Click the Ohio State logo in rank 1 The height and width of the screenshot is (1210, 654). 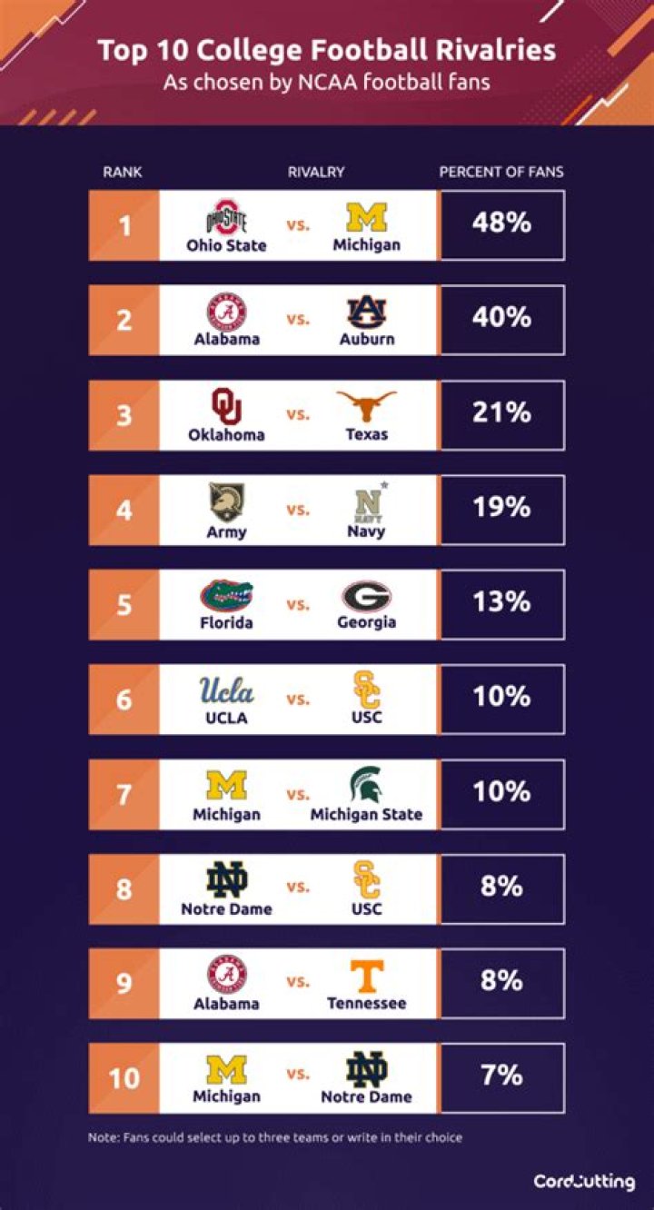click(x=226, y=219)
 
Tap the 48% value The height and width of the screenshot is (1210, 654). click(x=501, y=223)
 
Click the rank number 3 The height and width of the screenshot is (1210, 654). click(x=124, y=415)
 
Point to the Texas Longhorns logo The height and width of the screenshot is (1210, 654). click(x=367, y=406)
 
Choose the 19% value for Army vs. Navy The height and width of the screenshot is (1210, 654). click(x=501, y=507)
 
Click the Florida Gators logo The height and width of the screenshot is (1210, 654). click(x=226, y=596)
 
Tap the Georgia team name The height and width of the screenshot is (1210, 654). click(x=367, y=622)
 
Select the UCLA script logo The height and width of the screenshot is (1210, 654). click(x=226, y=691)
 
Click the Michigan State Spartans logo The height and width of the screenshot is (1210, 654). click(x=367, y=786)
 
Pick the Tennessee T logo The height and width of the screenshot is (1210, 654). click(x=367, y=976)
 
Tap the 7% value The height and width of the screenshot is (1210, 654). click(x=501, y=1076)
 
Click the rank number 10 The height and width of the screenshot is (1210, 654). click(x=124, y=1077)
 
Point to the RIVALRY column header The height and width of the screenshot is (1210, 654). click(x=316, y=172)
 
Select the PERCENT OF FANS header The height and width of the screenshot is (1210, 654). click(x=501, y=172)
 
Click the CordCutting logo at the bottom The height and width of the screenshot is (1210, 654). click(x=584, y=1182)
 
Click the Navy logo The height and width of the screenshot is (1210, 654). click(x=367, y=502)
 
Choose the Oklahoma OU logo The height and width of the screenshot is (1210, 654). click(x=226, y=407)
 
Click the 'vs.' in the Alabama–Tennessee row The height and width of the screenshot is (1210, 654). click(x=298, y=982)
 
